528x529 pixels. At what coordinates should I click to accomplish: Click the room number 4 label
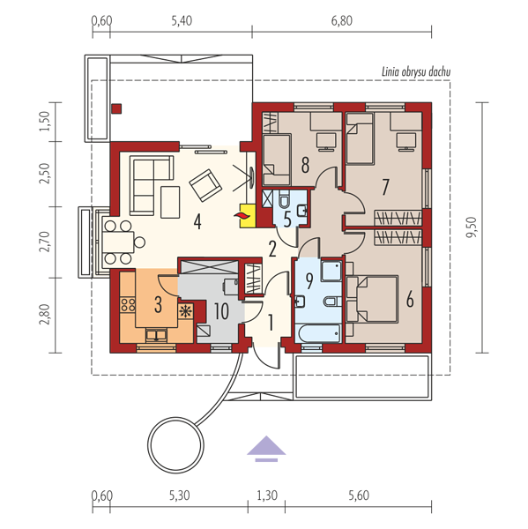click(197, 222)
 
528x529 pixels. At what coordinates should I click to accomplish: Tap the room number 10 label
click(221, 311)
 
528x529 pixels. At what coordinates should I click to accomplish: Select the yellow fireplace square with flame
click(248, 216)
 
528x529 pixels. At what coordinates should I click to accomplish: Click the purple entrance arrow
click(266, 449)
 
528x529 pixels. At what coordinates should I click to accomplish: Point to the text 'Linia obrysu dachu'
click(416, 72)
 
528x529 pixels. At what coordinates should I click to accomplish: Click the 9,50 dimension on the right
click(472, 227)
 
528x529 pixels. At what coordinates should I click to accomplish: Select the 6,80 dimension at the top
click(341, 21)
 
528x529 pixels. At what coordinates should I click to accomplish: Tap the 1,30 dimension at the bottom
click(267, 495)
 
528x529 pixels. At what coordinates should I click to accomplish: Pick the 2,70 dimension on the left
click(45, 242)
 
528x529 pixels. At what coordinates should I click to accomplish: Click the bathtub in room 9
click(319, 333)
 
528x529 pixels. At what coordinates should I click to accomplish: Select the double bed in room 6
click(373, 299)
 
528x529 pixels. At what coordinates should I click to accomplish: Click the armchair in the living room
click(205, 185)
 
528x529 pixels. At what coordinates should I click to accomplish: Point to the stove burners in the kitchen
click(128, 305)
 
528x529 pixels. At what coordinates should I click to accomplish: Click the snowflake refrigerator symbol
click(185, 311)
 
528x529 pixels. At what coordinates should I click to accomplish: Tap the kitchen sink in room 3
click(156, 336)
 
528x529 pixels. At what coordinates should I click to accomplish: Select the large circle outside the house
click(175, 444)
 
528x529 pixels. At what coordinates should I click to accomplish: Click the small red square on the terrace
click(116, 108)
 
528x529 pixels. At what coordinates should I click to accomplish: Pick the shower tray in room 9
click(331, 270)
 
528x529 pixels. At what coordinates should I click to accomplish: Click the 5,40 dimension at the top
click(182, 21)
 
